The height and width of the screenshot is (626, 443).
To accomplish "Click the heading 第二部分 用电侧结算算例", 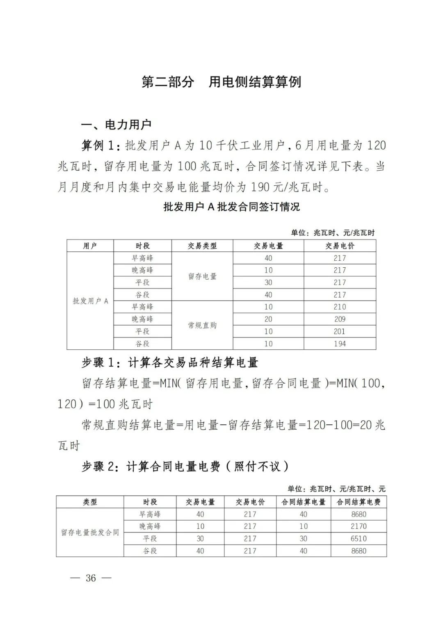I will pos(221,82).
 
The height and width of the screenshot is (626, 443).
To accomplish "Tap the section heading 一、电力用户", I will pos(116,124).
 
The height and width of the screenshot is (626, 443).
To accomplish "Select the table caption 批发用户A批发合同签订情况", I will pos(231,207).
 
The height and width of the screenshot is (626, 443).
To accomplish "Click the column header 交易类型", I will pos(202,246).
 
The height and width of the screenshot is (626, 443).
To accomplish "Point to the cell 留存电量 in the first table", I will pos(202,276).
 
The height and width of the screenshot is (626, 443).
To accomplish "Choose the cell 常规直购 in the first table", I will pos(202,325).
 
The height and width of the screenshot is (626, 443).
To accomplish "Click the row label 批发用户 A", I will pos(90,301).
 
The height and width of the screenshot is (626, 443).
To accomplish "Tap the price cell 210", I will pos(340,307).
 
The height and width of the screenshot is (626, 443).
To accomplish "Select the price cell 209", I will pos(340,319).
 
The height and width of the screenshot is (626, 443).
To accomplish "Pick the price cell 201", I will pos(340,331).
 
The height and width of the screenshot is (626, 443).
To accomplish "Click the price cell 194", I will pos(340,344).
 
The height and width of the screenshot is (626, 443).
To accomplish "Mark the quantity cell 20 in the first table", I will pos(268,319).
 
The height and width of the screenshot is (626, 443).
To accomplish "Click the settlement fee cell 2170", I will pos(359,526).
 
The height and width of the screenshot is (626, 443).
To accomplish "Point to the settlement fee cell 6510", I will pos(359,538).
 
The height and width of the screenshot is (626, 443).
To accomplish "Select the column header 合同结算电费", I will pos(359,502).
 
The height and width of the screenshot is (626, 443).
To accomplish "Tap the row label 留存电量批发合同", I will pos(90,532).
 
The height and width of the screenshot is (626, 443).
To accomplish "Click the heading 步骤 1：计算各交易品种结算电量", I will pos(170,362).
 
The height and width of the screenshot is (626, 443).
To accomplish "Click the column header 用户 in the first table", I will pos(90,246).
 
